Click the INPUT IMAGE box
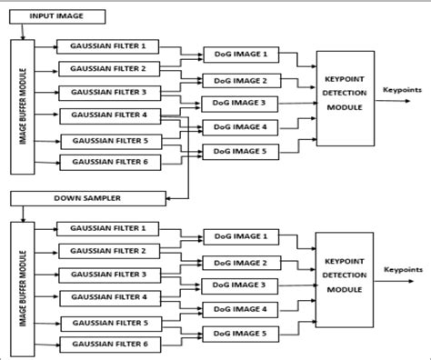[60, 16]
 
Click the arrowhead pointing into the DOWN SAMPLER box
[166, 197]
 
